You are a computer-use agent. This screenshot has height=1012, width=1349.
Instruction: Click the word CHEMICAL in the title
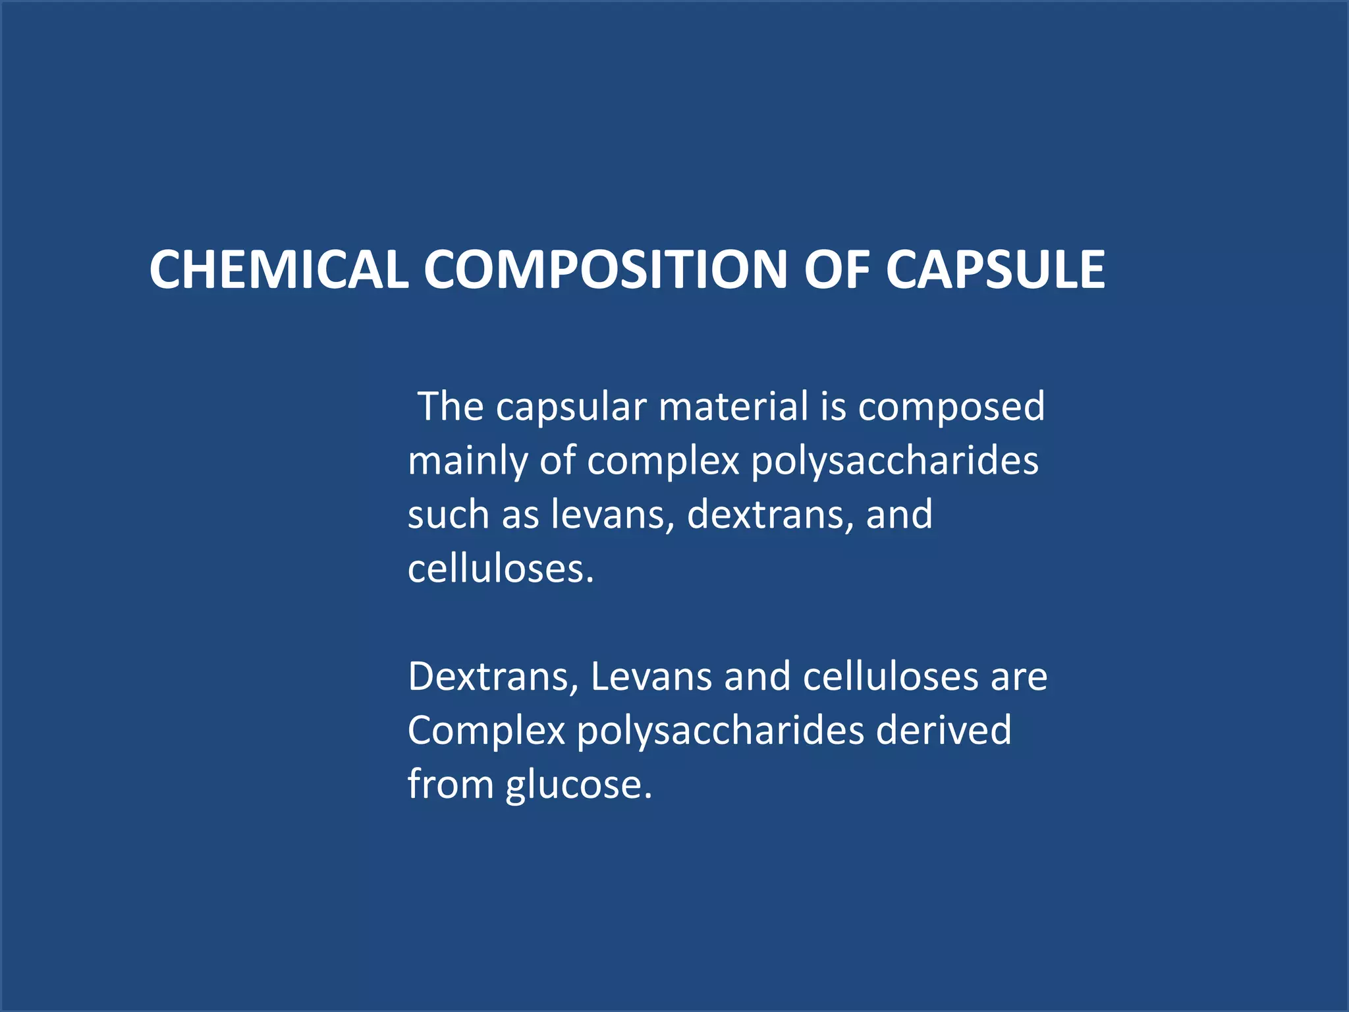(x=279, y=269)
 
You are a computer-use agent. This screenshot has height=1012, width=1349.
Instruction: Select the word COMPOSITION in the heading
(x=605, y=269)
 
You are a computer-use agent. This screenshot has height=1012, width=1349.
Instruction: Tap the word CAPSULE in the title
(x=995, y=269)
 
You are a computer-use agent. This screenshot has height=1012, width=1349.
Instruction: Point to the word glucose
(x=579, y=785)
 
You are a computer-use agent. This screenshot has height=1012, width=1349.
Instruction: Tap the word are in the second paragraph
(x=1019, y=677)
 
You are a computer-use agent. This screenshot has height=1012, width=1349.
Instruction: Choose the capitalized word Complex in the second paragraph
(x=486, y=731)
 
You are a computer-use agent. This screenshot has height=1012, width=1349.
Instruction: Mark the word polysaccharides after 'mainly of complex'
(x=895, y=461)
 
